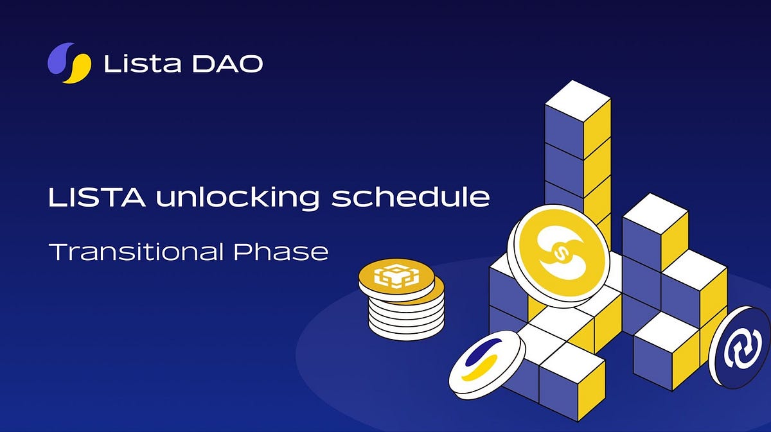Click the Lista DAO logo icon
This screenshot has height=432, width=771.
(x=69, y=63)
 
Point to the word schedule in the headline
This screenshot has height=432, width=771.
(x=410, y=197)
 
